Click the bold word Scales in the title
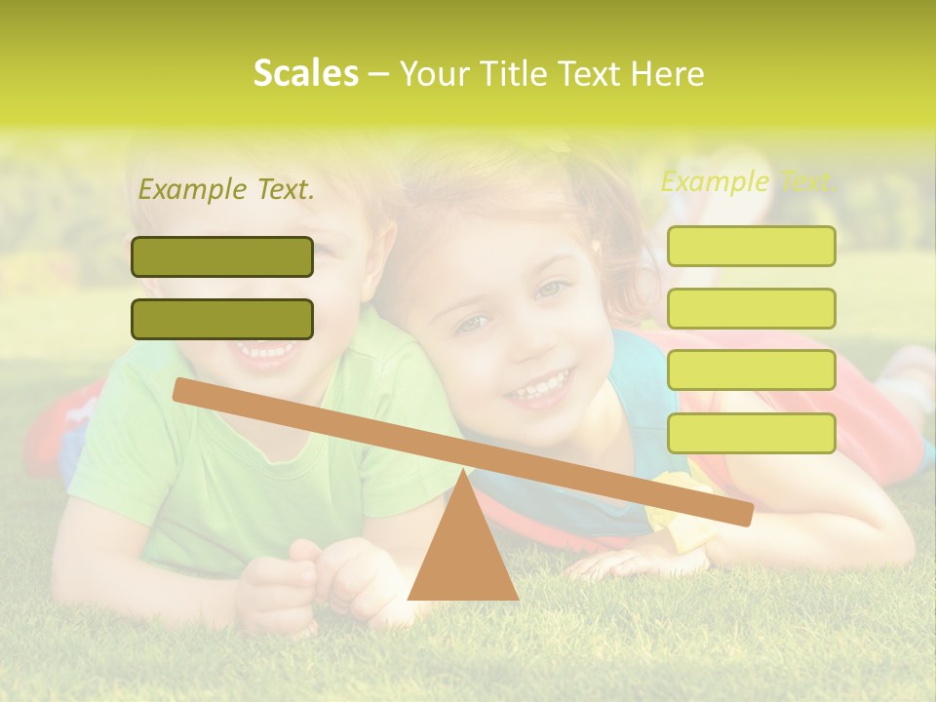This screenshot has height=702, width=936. (305, 73)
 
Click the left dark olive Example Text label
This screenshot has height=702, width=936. (226, 189)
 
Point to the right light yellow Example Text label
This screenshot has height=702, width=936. (748, 181)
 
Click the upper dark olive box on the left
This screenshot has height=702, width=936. (222, 256)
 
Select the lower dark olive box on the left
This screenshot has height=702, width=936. (222, 319)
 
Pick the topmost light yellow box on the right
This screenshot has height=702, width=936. (751, 246)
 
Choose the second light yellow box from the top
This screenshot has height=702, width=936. (751, 308)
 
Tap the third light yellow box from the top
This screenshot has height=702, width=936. (751, 370)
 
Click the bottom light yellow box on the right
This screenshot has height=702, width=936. (751, 433)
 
